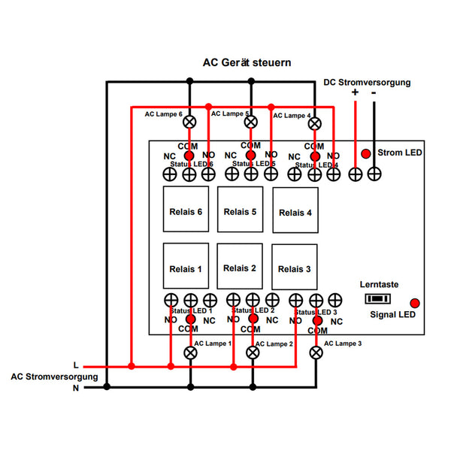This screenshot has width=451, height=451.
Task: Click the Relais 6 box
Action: [x=186, y=211]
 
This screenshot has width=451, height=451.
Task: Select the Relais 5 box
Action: [x=240, y=211]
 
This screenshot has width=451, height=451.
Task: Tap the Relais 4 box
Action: [x=295, y=213]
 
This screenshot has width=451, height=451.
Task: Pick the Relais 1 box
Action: [x=186, y=268]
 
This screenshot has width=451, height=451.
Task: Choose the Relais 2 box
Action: [x=240, y=268]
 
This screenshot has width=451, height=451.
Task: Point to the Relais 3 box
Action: [x=295, y=269]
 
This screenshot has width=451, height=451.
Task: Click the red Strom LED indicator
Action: [x=366, y=153]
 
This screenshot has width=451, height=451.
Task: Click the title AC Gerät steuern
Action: [x=247, y=63]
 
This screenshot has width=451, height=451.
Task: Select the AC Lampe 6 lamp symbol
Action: [x=189, y=121]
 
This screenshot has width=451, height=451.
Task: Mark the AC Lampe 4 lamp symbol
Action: [x=316, y=123]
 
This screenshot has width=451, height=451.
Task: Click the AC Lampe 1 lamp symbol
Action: [x=189, y=351]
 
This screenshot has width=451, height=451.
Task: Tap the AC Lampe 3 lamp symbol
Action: [x=316, y=351]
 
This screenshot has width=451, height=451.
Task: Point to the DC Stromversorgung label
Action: [x=367, y=82]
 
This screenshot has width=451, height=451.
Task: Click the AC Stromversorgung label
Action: [x=54, y=376]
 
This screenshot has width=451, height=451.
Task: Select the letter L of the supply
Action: [x=76, y=365]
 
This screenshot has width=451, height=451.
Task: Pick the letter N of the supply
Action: [x=75, y=388]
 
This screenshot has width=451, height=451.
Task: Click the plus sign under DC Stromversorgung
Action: [x=355, y=94]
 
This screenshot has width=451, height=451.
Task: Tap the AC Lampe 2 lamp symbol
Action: [x=251, y=351]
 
